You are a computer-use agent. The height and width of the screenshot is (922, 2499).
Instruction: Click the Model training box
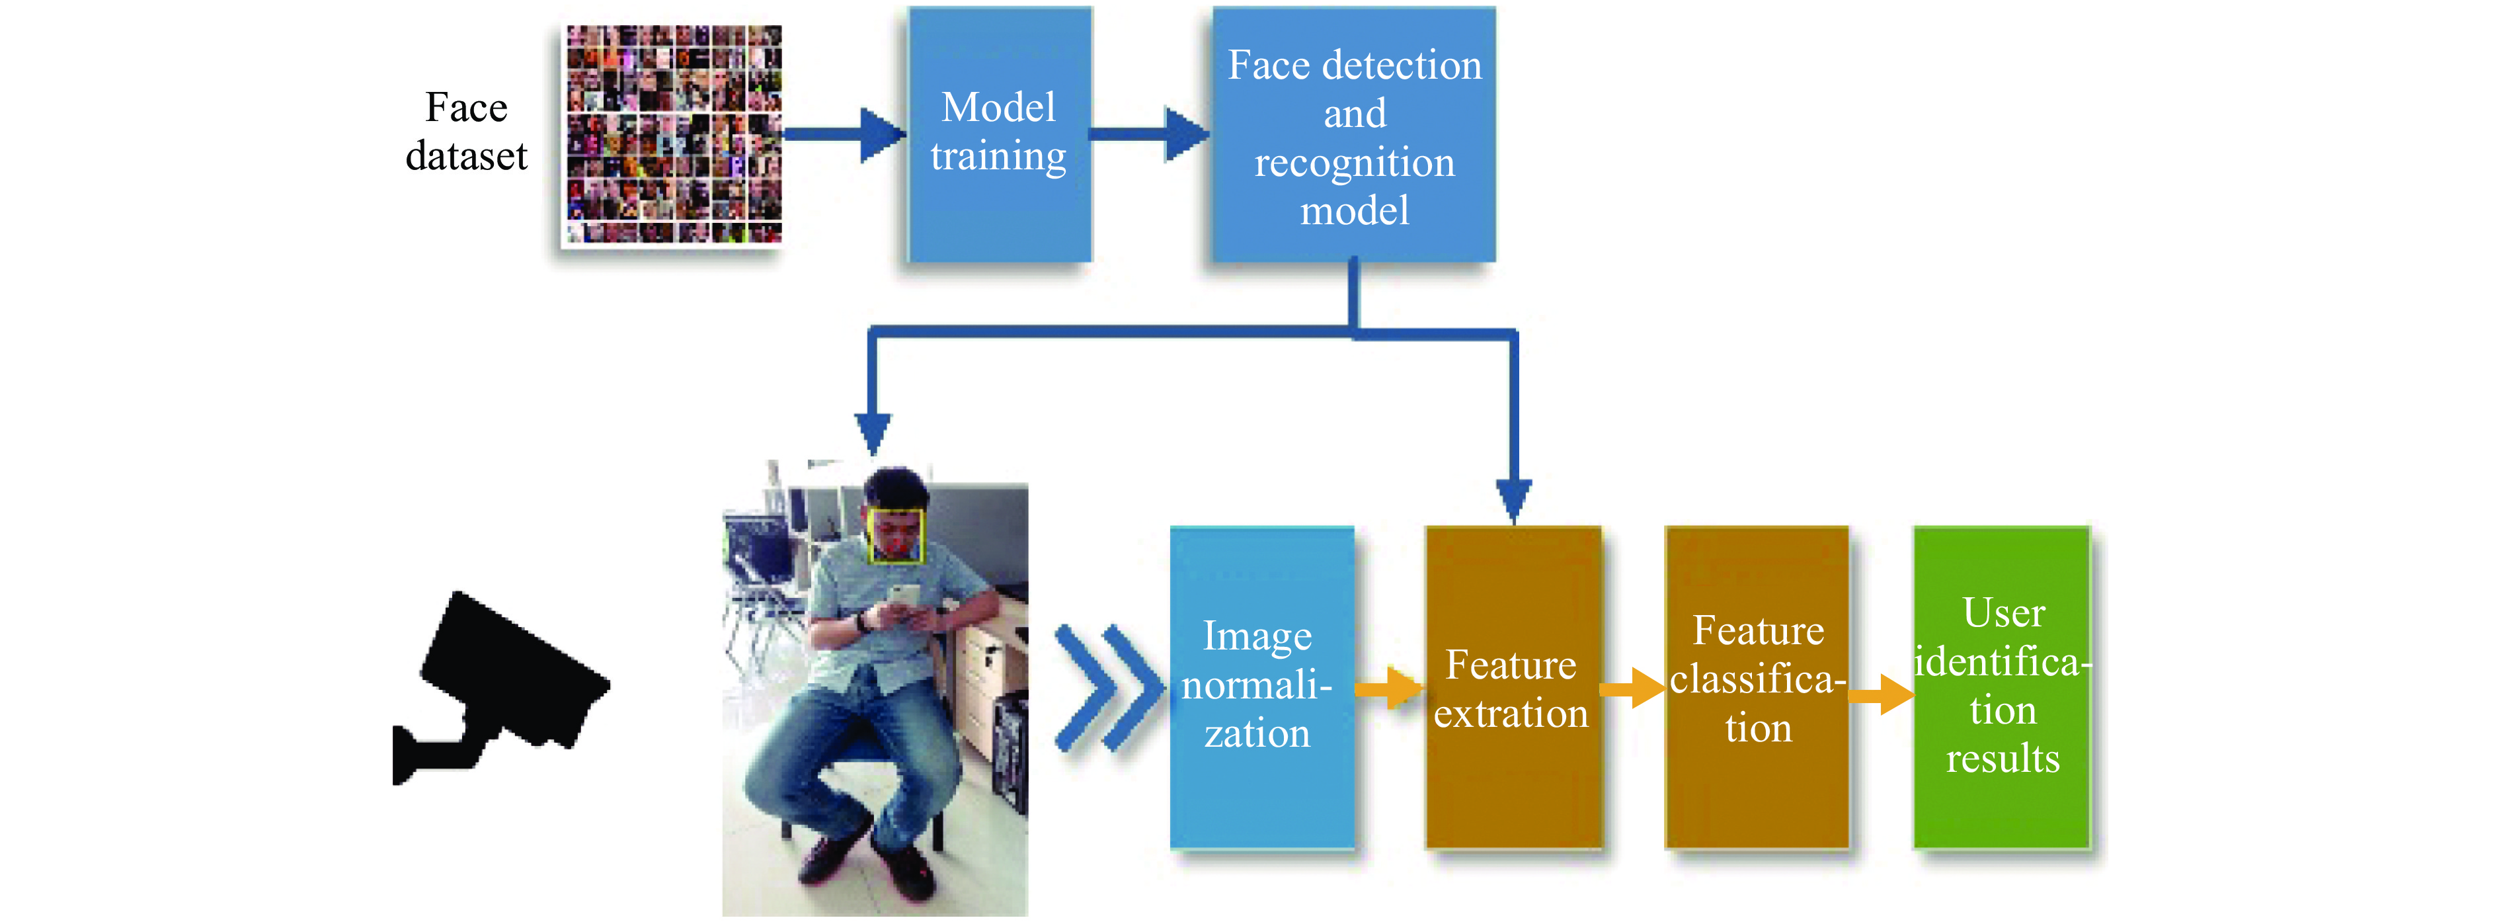point(999,134)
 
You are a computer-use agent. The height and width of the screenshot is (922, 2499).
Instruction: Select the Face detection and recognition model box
point(1354,134)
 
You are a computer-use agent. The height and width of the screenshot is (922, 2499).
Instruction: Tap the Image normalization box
point(1261,687)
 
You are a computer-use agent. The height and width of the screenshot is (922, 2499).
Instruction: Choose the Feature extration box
point(1513,687)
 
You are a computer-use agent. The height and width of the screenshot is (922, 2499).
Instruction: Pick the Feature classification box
point(1757,687)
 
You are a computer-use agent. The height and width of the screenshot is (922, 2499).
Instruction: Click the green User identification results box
point(2001,687)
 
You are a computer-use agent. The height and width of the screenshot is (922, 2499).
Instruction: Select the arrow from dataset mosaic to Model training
point(844,134)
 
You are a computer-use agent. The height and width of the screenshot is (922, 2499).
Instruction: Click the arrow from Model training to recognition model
point(1150,134)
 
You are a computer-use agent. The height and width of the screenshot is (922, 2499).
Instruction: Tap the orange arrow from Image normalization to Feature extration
point(1389,689)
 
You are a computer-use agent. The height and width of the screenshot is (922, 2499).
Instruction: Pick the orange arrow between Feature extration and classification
point(1634,689)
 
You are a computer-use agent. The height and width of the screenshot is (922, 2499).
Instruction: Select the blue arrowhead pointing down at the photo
point(873,433)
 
